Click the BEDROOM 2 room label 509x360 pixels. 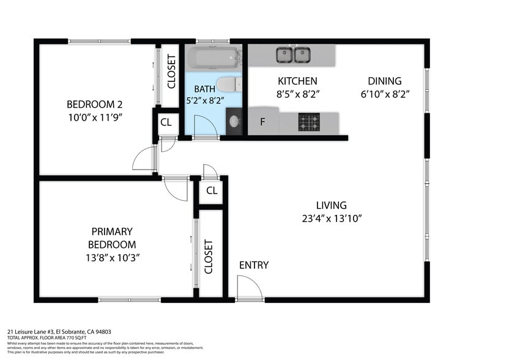[91, 103]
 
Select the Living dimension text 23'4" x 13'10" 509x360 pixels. [332, 219]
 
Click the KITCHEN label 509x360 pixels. [297, 81]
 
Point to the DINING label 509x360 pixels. [384, 81]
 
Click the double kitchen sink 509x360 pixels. [292, 55]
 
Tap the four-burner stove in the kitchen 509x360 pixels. [309, 122]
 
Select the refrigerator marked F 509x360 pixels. [263, 122]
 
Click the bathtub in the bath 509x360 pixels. [212, 58]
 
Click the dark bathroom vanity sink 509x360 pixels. [234, 122]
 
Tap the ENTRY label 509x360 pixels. [253, 265]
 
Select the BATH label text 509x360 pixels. [204, 89]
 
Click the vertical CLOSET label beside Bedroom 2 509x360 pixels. [171, 71]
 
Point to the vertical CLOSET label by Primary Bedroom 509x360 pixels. [209, 257]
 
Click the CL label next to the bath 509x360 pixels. [166, 122]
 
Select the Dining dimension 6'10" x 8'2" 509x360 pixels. [384, 94]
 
